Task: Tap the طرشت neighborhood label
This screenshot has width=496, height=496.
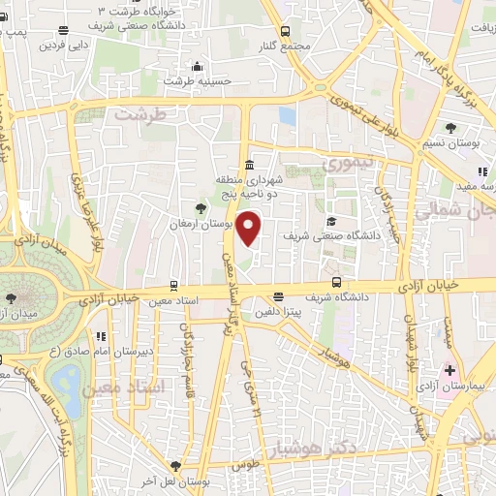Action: click(140, 113)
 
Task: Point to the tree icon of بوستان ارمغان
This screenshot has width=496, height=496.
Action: click(201, 207)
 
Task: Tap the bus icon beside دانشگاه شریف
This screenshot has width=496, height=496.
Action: click(336, 283)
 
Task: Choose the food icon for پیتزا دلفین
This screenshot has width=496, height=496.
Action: click(279, 297)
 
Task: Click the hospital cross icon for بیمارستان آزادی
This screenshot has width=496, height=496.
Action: click(450, 369)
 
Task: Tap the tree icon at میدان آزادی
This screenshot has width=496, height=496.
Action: click(11, 298)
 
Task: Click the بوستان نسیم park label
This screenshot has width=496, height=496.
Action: click(459, 142)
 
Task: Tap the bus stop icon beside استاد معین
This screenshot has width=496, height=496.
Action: click(173, 286)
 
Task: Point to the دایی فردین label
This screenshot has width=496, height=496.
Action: click(64, 45)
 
